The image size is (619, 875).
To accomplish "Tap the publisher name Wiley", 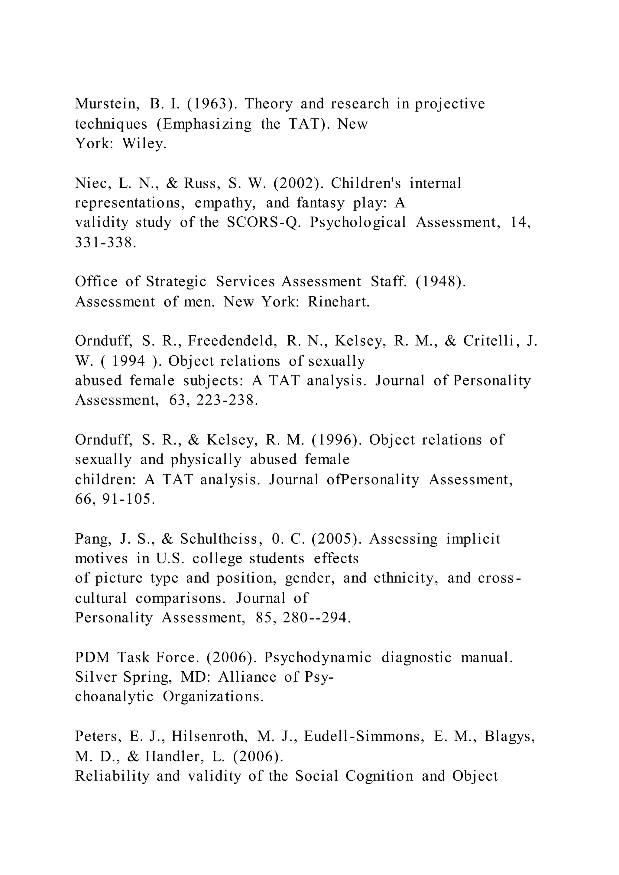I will coord(144,144).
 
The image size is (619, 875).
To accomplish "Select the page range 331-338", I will coord(105,242).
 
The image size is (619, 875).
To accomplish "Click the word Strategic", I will coord(176,282).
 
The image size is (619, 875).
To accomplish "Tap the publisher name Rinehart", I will coord(339,302).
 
